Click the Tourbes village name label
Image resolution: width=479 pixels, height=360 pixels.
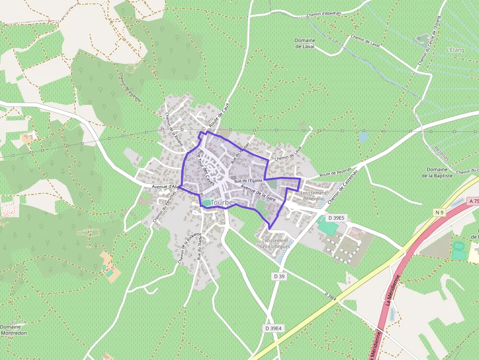(224, 203)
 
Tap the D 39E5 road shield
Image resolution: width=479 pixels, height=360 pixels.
(336, 217)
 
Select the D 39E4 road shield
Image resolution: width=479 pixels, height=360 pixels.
(274, 328)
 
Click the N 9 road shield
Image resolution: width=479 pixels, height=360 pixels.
(439, 212)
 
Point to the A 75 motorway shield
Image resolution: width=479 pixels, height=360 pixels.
(473, 201)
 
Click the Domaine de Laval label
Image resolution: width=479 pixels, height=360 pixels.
(305, 43)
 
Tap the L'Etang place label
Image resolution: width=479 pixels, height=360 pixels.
(455, 50)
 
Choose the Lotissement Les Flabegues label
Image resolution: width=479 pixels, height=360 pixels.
(275, 243)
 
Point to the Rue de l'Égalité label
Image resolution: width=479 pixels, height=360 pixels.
(248, 181)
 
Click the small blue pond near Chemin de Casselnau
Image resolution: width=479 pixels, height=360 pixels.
(363, 137)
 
